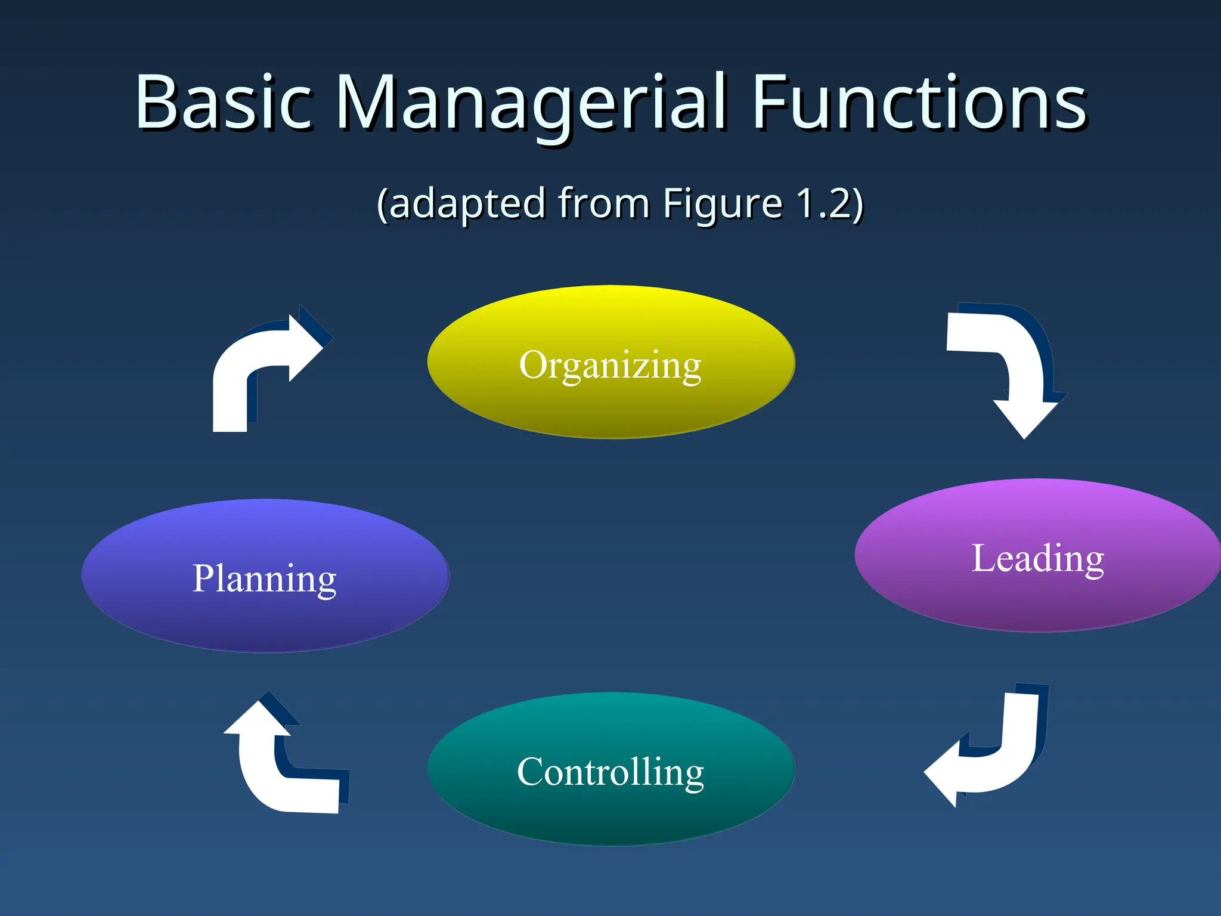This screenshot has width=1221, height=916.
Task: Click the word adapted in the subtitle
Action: (467, 204)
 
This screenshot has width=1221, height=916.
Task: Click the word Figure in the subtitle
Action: (723, 204)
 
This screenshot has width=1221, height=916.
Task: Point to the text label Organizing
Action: (610, 365)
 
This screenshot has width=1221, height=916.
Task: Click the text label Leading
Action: (1037, 559)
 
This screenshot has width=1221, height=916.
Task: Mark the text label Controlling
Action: (610, 772)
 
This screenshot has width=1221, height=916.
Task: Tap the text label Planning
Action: (264, 578)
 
